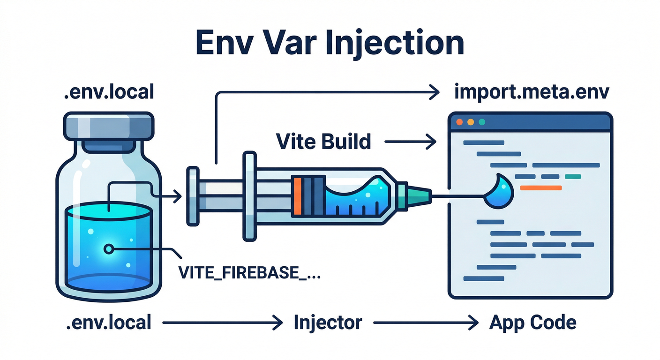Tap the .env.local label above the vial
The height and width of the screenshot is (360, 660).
point(108,91)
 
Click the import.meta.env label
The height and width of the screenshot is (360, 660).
point(532,92)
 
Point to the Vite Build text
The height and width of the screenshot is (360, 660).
point(323,141)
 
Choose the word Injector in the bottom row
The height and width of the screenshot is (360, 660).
point(328,322)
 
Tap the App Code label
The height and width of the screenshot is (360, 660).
point(532,322)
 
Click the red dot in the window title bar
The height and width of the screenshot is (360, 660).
point(459,122)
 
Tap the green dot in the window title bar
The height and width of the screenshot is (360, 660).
point(481,122)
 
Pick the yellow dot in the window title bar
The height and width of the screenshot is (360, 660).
point(471,122)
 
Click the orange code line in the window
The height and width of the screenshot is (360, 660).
point(541,187)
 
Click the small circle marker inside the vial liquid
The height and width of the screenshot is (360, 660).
point(109,249)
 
